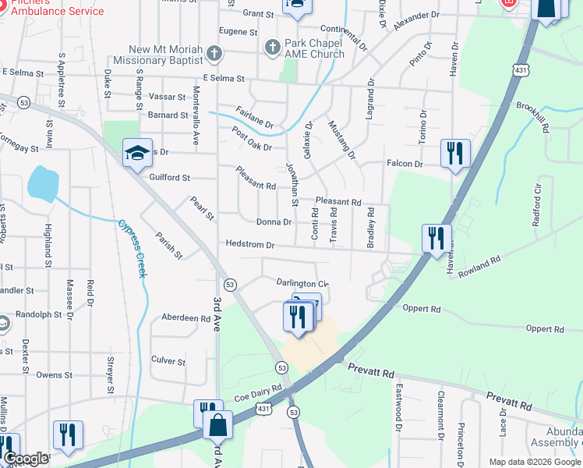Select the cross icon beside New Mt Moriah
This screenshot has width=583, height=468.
click(x=215, y=54)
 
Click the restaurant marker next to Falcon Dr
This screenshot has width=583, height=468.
click(x=454, y=153)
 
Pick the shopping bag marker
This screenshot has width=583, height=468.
click(x=217, y=427)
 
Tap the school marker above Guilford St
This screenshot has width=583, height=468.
click(x=137, y=153)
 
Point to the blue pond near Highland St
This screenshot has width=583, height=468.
click(x=42, y=183)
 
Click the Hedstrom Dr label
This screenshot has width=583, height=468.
click(x=250, y=244)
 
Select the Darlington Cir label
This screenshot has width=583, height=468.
click(x=302, y=283)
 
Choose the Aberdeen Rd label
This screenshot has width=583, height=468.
click(x=185, y=318)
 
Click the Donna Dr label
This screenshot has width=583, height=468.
click(x=274, y=222)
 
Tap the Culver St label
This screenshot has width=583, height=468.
click(x=168, y=361)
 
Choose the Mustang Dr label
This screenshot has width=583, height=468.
click(x=341, y=140)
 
